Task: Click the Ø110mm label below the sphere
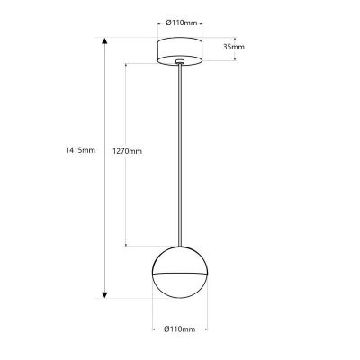coord(181,330)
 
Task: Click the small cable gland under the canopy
coord(181,63)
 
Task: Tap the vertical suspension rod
coord(181,153)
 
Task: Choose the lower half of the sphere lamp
coord(181,283)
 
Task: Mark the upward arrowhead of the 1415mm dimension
coord(104,40)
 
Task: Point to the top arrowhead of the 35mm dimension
coord(236,39)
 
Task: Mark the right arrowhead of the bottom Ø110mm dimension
coord(207,318)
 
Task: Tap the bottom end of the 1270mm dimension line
coord(127,244)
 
